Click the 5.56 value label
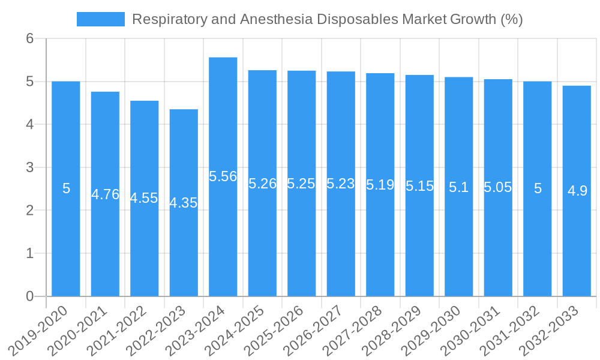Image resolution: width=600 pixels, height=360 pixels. coord(223,176)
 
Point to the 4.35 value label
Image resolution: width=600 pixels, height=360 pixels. coord(184,203)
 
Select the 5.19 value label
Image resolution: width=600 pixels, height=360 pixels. coord(380,185)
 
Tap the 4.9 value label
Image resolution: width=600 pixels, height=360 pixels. coord(577,191)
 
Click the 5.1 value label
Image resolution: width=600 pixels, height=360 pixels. coord(459,187)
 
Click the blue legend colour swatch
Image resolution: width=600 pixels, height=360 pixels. coord(101,19)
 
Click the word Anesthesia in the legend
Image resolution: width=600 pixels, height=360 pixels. coord(277,19)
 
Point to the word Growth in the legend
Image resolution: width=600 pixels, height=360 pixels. coord(473,19)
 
